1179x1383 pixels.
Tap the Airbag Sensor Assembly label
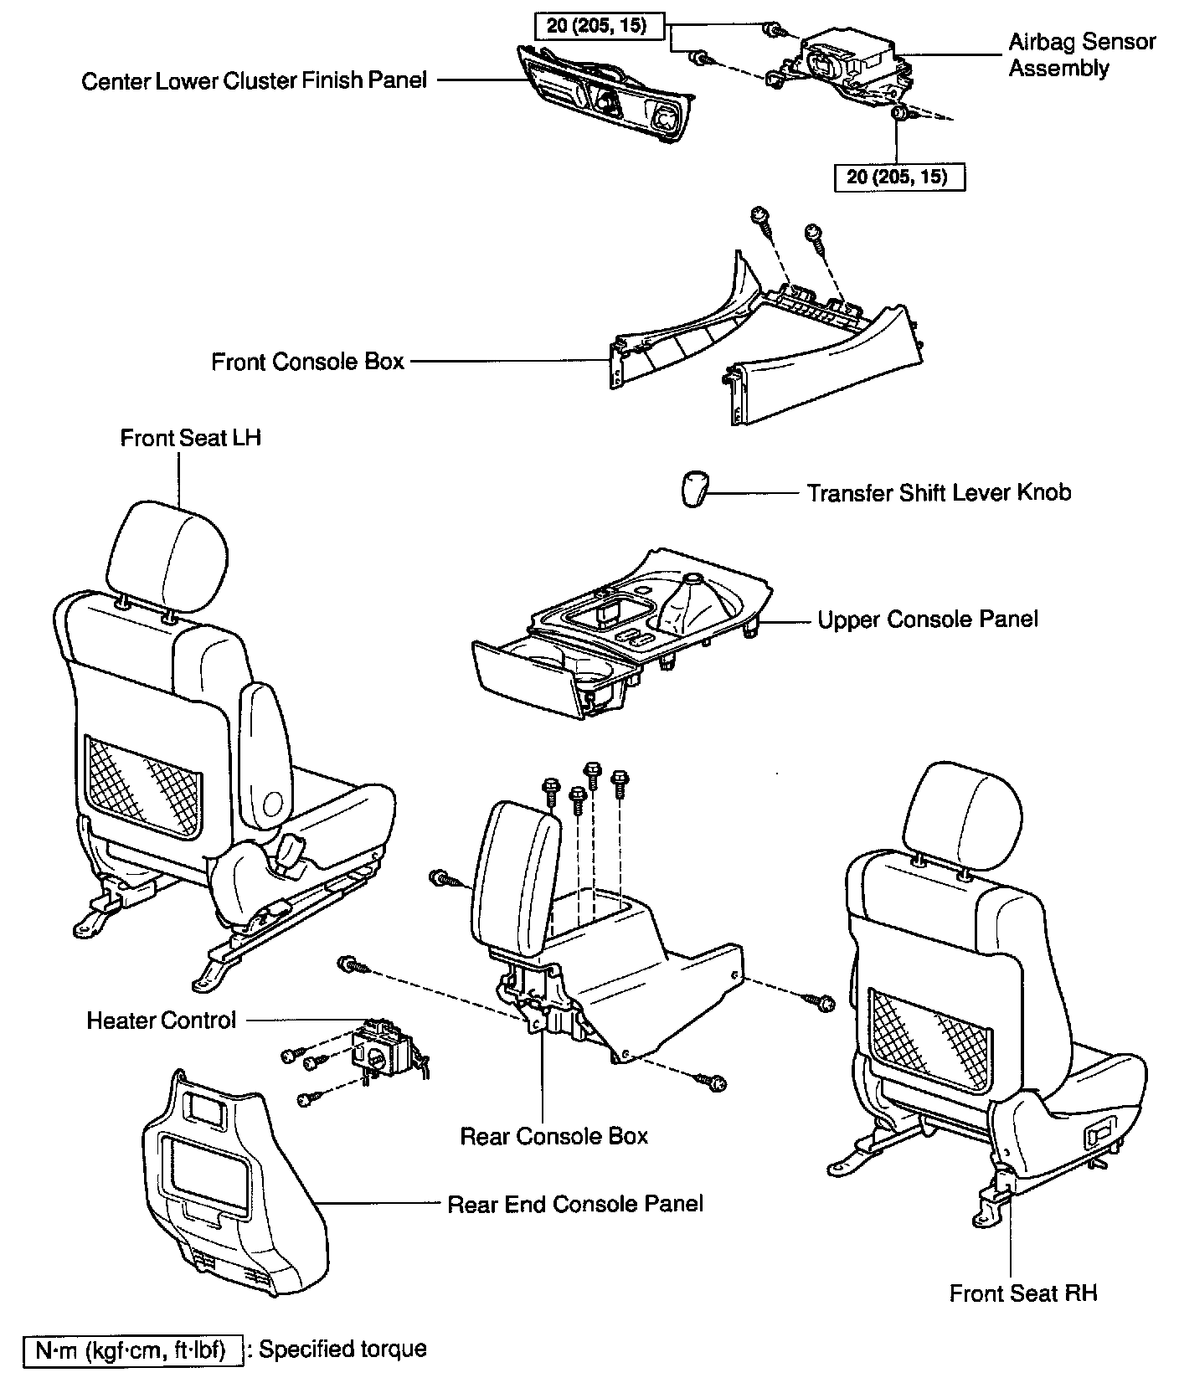tap(1081, 54)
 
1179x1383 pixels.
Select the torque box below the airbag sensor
tap(899, 177)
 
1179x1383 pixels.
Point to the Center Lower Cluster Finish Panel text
tap(254, 80)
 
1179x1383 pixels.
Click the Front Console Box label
tap(307, 362)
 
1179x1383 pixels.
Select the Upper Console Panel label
tap(927, 620)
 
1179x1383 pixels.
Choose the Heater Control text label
tap(162, 1021)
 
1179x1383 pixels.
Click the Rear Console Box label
tap(553, 1136)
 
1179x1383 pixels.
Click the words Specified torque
tap(342, 1349)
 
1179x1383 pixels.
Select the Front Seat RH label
tap(1022, 1293)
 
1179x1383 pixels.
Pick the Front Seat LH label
tap(190, 438)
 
